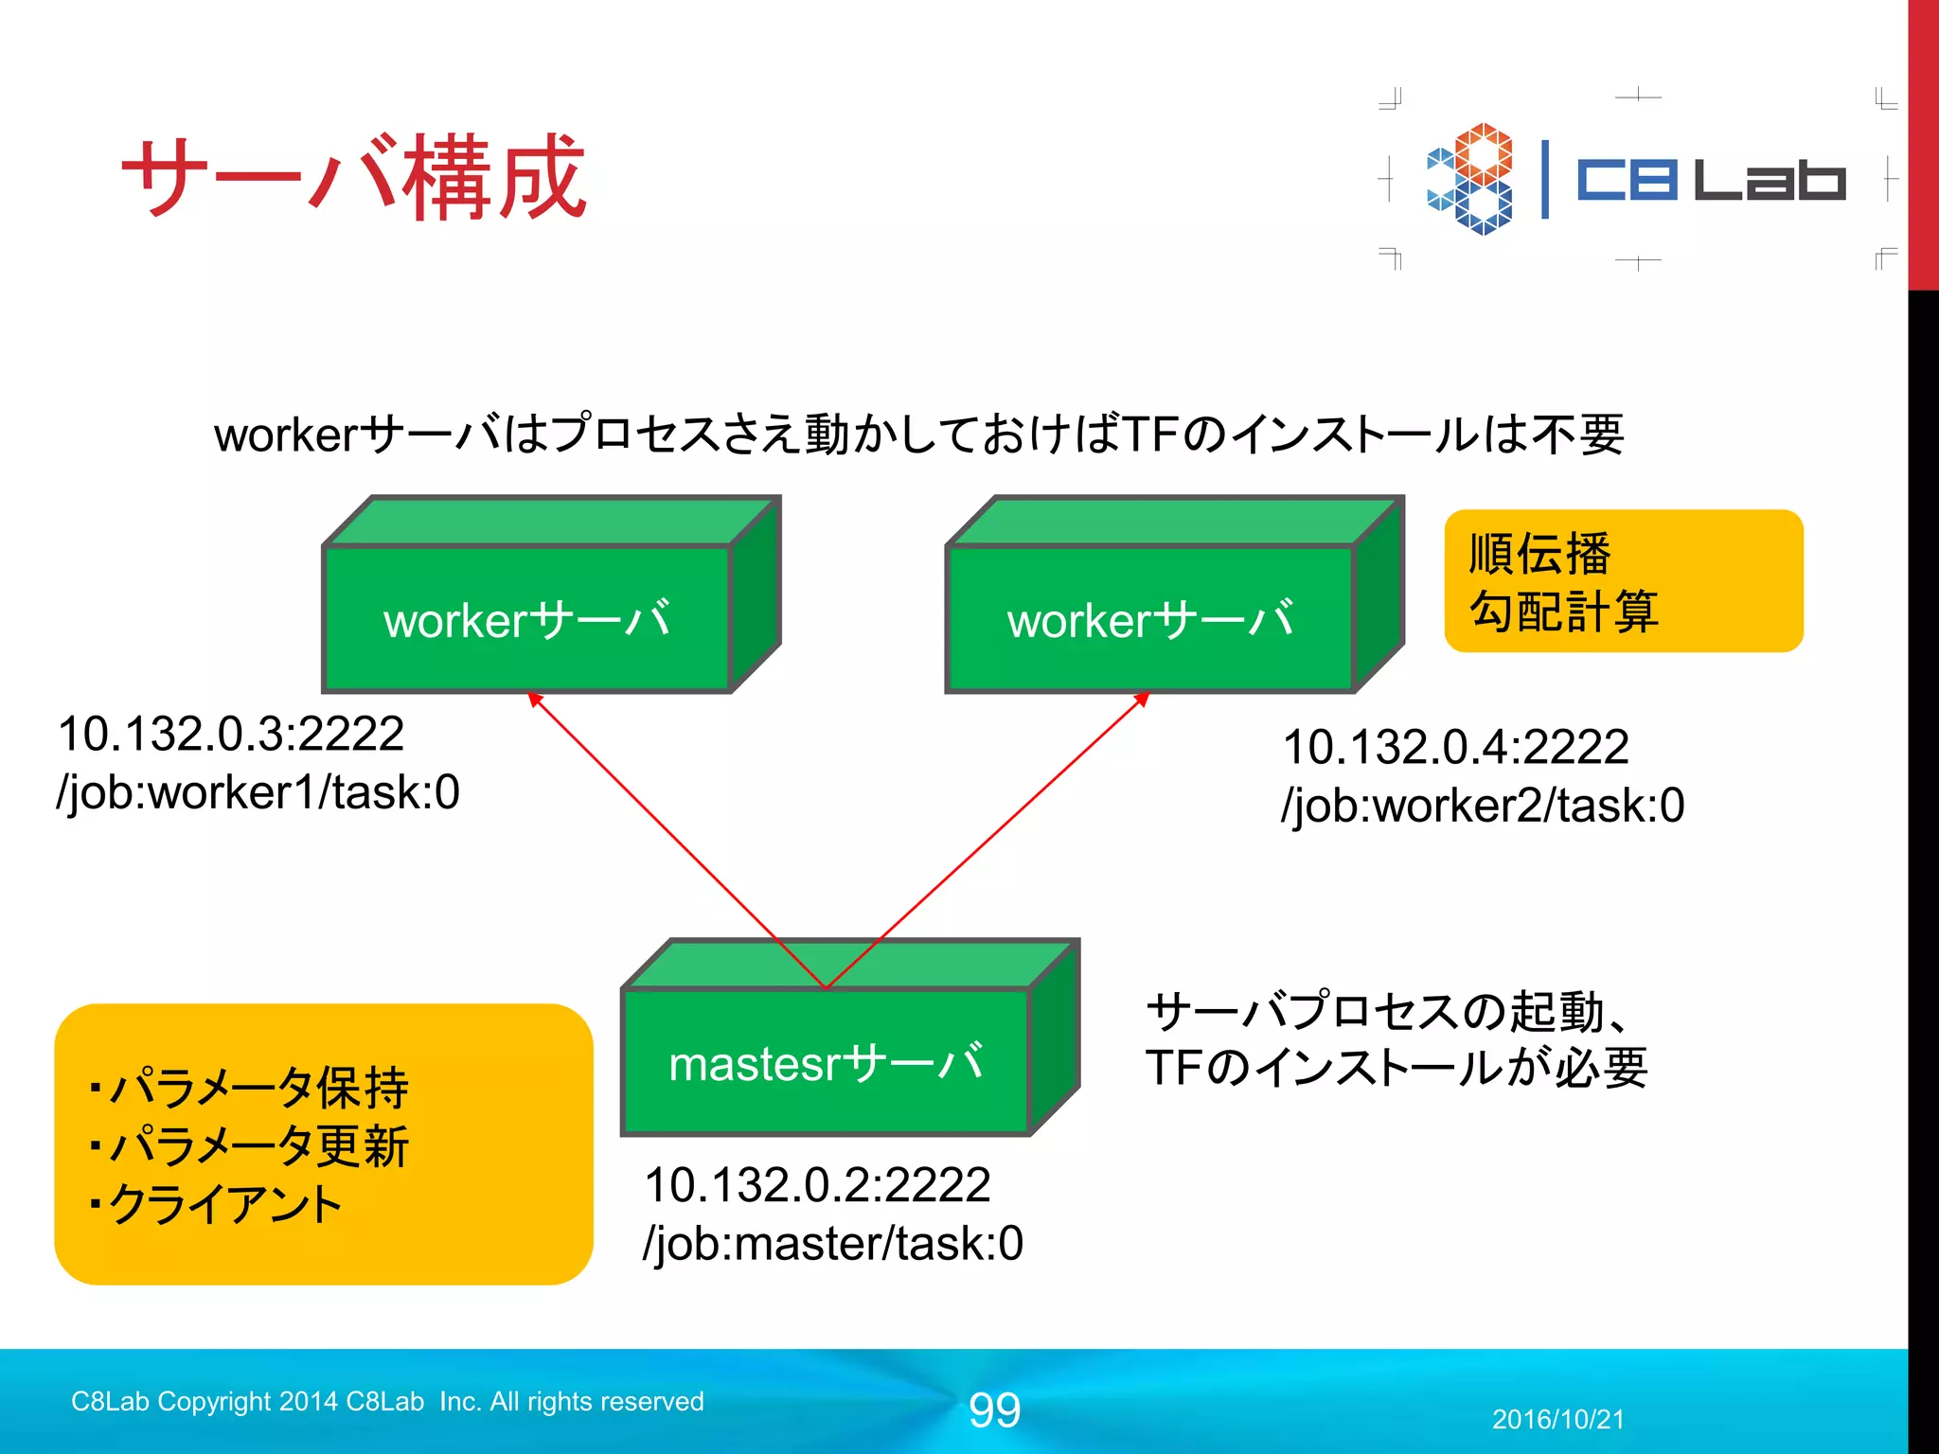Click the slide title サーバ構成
(x=354, y=177)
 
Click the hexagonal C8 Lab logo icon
(x=1470, y=178)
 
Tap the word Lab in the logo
(x=1769, y=180)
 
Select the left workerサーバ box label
(x=526, y=620)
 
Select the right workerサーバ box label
(x=1149, y=620)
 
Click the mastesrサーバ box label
(x=826, y=1063)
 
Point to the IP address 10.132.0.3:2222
(x=231, y=734)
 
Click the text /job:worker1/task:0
(x=258, y=792)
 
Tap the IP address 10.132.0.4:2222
(x=1455, y=747)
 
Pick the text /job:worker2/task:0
(x=1483, y=806)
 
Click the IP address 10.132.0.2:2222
(x=817, y=1185)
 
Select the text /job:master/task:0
(x=833, y=1244)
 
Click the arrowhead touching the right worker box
(x=1142, y=700)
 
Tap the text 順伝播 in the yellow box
(x=1539, y=554)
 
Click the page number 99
(x=994, y=1410)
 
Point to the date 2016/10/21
(x=1557, y=1419)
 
